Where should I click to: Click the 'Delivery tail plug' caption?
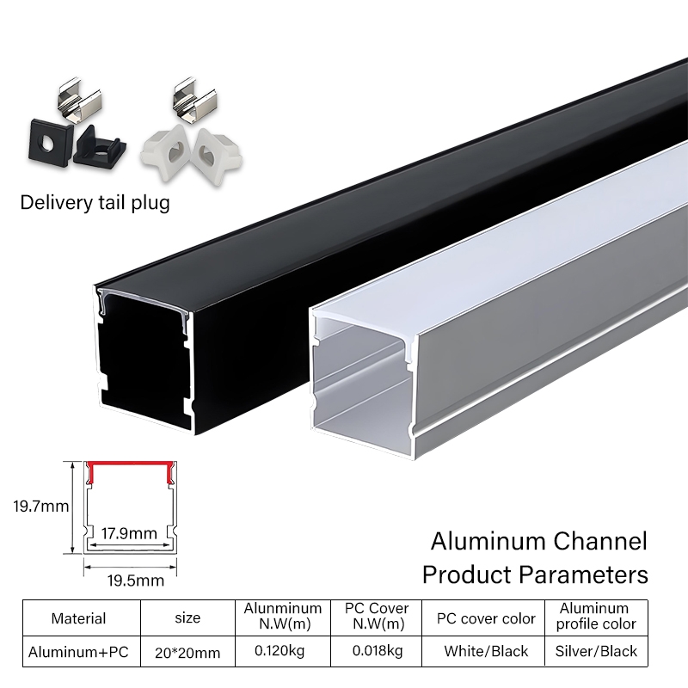tap(95, 203)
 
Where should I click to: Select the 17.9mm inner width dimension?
tap(129, 533)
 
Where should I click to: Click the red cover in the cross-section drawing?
tap(130, 469)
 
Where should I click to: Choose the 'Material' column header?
tap(78, 617)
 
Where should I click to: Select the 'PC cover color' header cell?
tap(486, 617)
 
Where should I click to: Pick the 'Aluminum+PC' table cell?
tap(78, 651)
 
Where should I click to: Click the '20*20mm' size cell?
tap(187, 652)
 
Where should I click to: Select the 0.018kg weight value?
tap(378, 651)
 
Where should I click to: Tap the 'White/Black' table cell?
tap(486, 651)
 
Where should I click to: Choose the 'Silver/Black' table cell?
tap(596, 651)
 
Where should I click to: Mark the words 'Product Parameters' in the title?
tap(534, 574)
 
